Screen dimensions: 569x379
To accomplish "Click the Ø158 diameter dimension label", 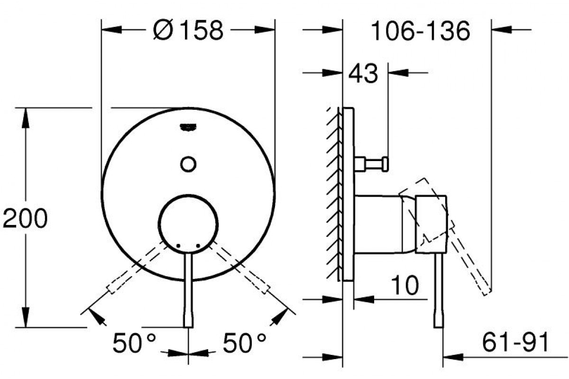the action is tap(188, 30).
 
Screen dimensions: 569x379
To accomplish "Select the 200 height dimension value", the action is tap(25, 218).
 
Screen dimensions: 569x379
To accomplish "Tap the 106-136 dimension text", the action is tap(421, 31).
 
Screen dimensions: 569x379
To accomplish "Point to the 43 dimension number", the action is tap(363, 73).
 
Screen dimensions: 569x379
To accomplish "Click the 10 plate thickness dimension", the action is tap(405, 285).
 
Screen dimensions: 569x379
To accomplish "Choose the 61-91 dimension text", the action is tap(515, 343).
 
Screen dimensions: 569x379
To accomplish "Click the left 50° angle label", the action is tap(134, 343).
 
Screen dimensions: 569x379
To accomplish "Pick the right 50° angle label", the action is tap(245, 343).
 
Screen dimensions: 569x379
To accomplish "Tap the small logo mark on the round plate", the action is tap(188, 127).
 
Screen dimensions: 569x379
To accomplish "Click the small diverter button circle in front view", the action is tap(188, 164).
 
